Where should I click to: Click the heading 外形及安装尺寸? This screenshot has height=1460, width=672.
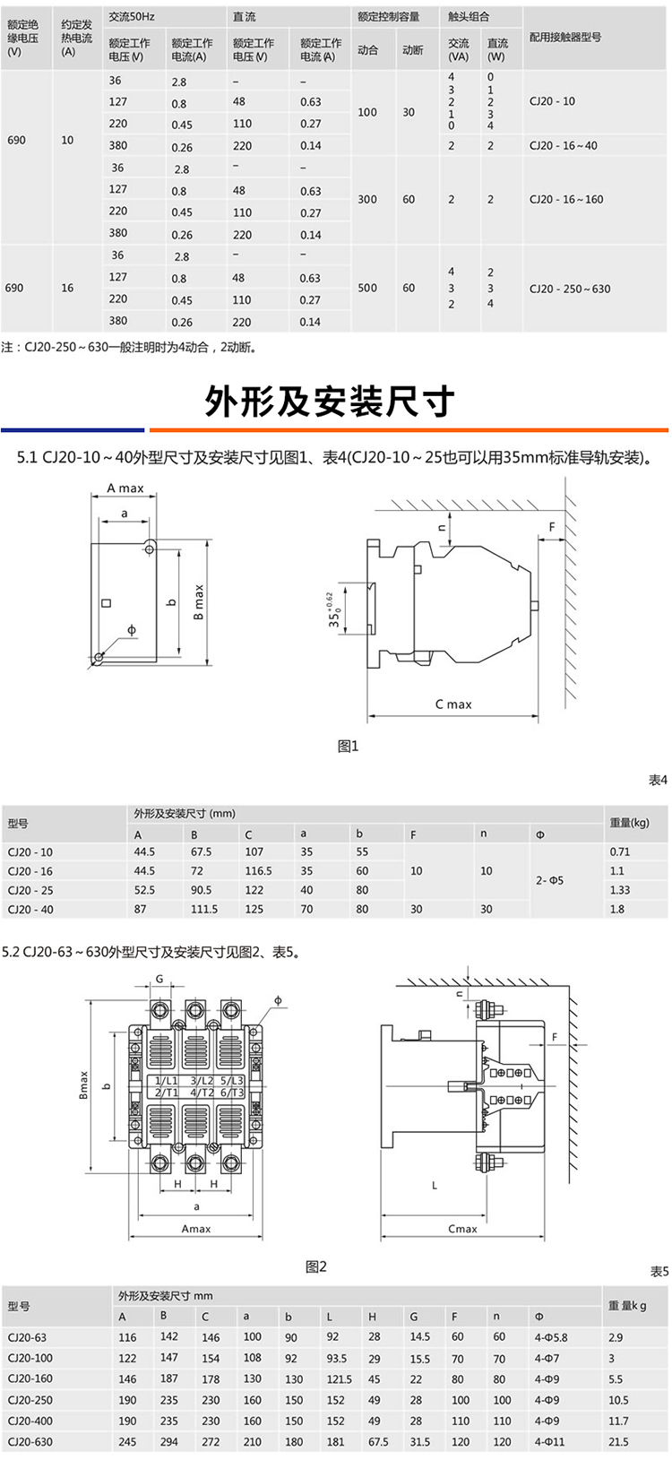(x=329, y=402)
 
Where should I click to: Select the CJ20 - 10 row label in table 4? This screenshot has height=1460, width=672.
(x=30, y=852)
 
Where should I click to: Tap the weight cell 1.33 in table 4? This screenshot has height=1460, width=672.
(x=619, y=890)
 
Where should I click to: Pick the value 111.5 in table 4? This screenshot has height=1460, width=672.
(x=203, y=909)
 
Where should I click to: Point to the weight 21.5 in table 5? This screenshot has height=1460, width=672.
(x=618, y=1442)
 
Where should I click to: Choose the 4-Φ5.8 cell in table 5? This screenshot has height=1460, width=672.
(x=550, y=1337)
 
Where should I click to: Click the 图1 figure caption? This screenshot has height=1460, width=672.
(x=348, y=746)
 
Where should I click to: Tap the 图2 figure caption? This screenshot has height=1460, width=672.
(x=316, y=1266)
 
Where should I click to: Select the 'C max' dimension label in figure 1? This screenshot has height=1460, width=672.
(x=453, y=704)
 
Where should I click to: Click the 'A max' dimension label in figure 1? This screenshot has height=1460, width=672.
(x=125, y=488)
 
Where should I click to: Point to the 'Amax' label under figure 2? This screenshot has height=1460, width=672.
(x=196, y=1229)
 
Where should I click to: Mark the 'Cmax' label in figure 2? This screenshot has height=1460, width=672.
(x=462, y=1229)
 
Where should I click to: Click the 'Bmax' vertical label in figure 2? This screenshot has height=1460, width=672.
(x=84, y=1085)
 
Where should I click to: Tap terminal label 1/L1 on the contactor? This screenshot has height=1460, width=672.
(x=166, y=1082)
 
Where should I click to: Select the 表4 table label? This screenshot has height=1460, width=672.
(x=658, y=781)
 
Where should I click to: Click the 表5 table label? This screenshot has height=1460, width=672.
(x=659, y=1272)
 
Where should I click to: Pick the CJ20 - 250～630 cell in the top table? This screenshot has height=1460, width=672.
(x=570, y=289)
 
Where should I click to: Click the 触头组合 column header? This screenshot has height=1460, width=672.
(x=470, y=16)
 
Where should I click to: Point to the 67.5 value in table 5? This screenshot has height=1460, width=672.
(x=378, y=1442)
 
